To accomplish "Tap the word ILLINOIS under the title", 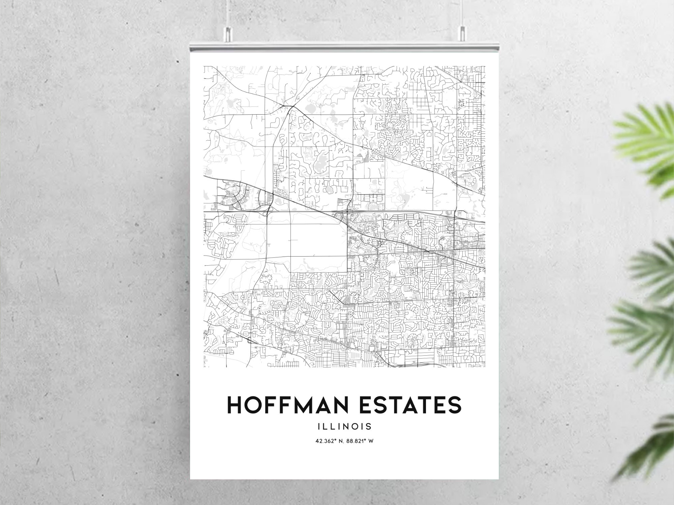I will [x=344, y=426].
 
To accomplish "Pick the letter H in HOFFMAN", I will [x=234, y=405].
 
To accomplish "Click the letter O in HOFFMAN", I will [x=252, y=405].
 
